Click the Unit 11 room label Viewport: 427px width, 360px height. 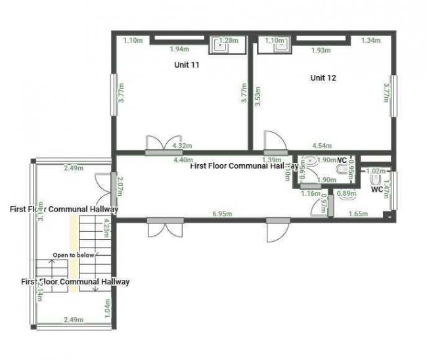pos(187,65)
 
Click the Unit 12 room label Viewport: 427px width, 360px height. pos(323,78)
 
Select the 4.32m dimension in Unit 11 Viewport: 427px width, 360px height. pos(181,145)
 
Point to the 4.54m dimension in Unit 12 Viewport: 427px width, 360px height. pos(322,145)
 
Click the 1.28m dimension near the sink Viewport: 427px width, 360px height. pos(228,41)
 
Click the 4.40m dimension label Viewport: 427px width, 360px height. pos(183,160)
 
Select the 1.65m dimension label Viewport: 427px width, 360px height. pos(358,214)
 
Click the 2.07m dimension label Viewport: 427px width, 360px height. pos(120,188)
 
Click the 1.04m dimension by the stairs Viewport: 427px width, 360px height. pos(107,307)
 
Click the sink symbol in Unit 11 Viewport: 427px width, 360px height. pos(216,45)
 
